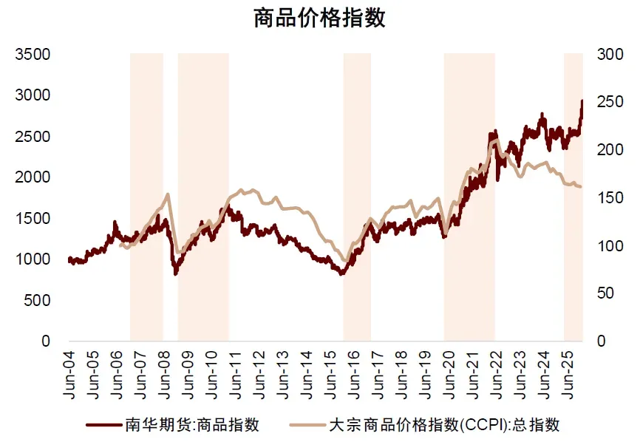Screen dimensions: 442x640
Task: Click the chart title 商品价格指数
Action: point(319,18)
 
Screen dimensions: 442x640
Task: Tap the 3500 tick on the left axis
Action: point(34,55)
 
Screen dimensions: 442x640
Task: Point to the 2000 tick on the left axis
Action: point(34,177)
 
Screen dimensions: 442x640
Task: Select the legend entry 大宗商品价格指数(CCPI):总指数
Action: point(443,424)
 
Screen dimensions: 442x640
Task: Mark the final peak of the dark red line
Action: point(582,101)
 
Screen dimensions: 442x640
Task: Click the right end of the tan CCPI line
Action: point(581,186)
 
